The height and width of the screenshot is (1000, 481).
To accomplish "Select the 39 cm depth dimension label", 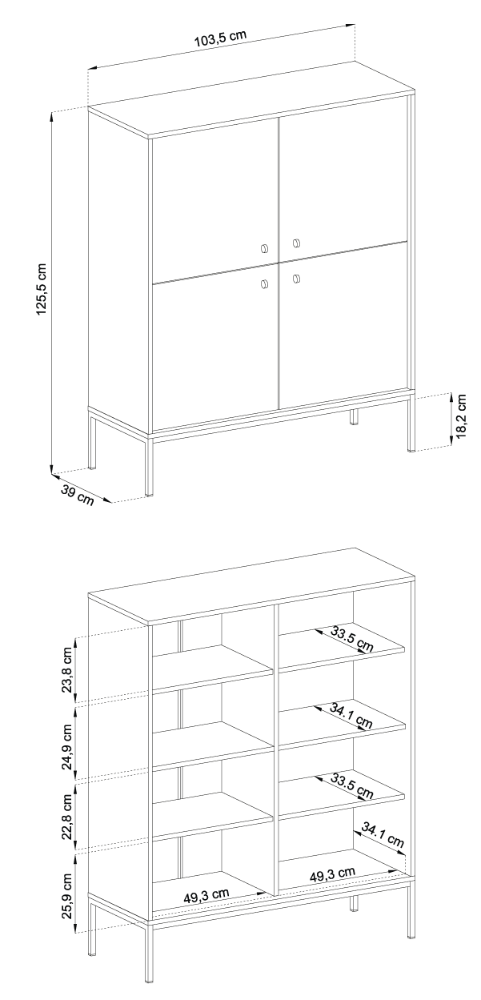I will [x=77, y=494].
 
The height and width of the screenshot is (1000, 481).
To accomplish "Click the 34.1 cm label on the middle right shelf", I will [x=351, y=715].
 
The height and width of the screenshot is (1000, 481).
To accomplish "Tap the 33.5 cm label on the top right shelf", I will [x=351, y=641].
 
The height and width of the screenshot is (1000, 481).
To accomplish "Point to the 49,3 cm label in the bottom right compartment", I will [x=332, y=873].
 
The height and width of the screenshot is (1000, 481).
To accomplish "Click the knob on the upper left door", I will [x=265, y=248].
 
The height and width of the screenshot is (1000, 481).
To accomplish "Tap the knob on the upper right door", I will [x=295, y=243].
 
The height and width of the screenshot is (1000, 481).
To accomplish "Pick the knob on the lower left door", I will [x=265, y=283].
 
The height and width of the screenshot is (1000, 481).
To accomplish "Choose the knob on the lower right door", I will [x=295, y=278].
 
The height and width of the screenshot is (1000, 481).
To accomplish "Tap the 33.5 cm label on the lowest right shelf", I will [x=351, y=787].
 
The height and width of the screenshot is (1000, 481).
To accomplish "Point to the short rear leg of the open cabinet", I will [x=353, y=904].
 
